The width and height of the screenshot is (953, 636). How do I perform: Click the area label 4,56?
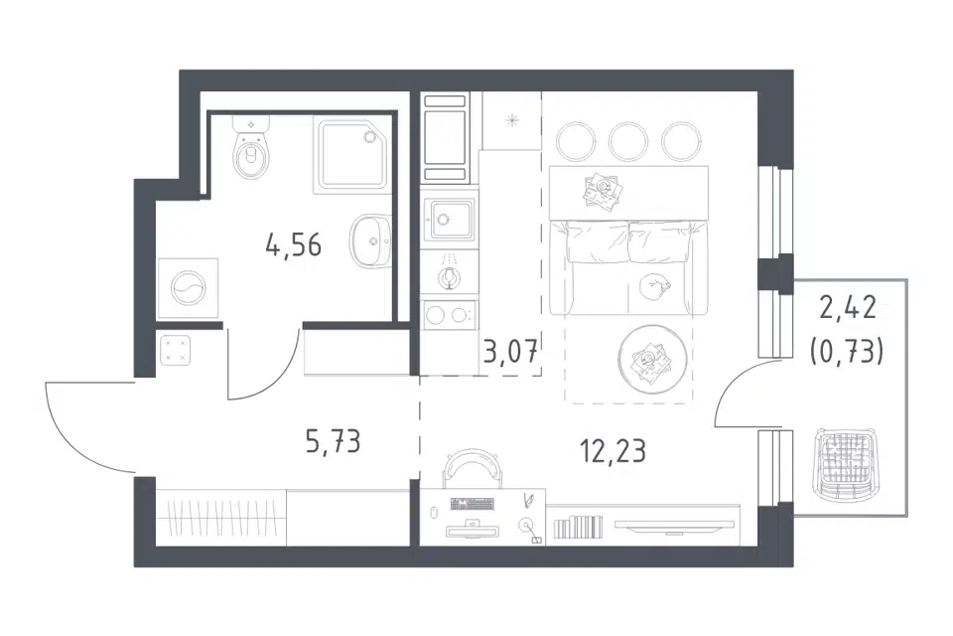coord(294,244)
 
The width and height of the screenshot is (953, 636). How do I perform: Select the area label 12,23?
coord(613,451)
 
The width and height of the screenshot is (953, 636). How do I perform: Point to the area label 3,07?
coord(510,351)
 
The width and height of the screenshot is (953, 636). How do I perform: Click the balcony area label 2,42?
coord(848,308)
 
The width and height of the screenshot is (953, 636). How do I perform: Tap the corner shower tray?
coord(351,156)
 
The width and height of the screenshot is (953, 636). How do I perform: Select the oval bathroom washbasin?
coord(370,241)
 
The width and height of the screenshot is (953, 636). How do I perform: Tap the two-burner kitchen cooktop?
coord(450,315)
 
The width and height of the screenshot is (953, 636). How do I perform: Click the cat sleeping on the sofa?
coord(655,285)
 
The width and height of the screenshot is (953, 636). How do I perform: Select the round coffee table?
coord(653,360)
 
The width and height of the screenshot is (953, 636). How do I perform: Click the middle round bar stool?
coord(627,142)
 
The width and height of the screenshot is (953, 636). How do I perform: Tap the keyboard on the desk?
coord(472,503)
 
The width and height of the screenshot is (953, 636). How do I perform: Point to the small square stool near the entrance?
coord(176,350)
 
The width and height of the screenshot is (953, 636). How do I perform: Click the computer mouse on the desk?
coord(434,512)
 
